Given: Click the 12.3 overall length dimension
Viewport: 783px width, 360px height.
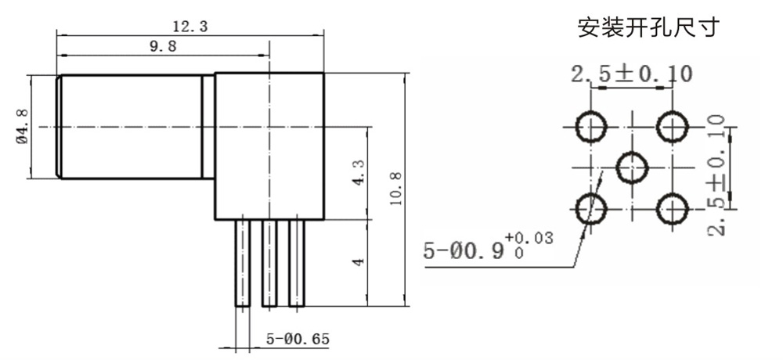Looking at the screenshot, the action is [189, 27].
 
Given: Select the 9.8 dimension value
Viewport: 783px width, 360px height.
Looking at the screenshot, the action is [163, 46].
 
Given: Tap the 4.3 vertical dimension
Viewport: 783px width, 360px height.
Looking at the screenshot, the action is [359, 173].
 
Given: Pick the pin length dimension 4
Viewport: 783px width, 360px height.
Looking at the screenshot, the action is [359, 261].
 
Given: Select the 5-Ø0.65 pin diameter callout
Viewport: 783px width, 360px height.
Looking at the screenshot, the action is [298, 340].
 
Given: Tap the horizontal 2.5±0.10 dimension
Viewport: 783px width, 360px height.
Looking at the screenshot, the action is [632, 74].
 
